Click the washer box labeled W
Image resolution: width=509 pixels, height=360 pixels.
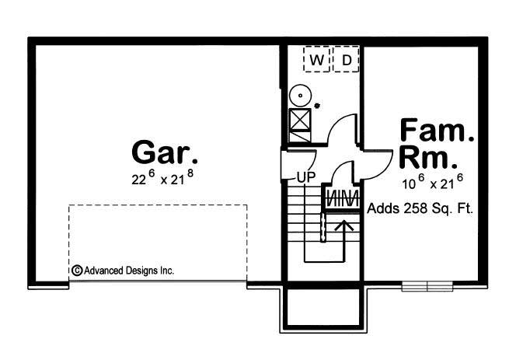(317, 59)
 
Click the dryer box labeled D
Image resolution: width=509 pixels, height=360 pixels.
(347, 59)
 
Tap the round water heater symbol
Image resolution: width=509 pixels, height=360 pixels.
(300, 96)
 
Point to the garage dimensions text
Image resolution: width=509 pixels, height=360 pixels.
(162, 178)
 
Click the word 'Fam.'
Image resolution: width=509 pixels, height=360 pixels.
(437, 130)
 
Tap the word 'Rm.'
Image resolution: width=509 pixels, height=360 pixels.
(427, 159)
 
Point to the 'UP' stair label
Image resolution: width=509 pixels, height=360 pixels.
(304, 177)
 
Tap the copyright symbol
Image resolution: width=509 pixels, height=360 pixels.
(76, 271)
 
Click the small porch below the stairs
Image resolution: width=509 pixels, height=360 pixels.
(323, 306)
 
